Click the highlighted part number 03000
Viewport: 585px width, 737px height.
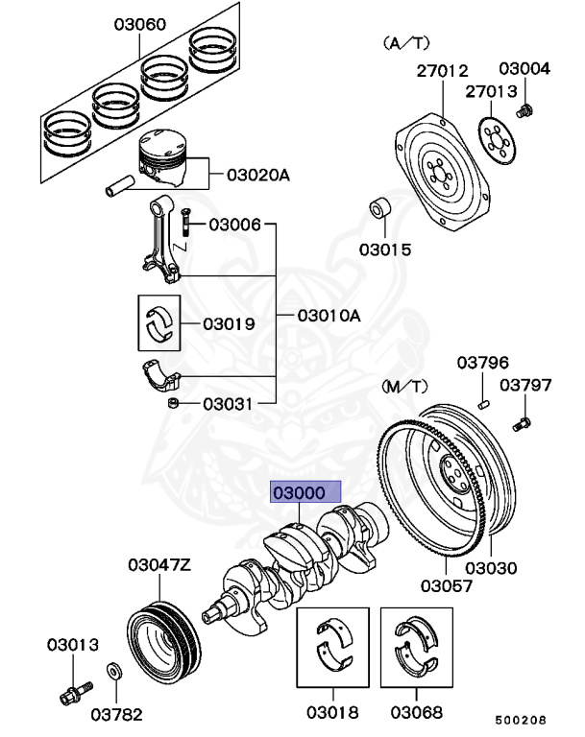click(x=305, y=493)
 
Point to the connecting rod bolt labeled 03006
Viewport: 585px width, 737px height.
click(x=183, y=226)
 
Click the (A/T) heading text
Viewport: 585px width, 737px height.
click(x=404, y=42)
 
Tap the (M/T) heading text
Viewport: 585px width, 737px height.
click(x=403, y=386)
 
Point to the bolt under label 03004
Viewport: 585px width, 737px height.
click(x=524, y=111)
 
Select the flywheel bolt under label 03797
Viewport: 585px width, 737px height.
click(x=524, y=421)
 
